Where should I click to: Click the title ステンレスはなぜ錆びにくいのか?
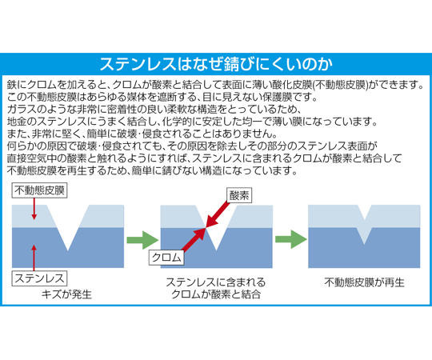coord(216,64)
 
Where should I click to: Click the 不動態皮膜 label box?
coord(39,190)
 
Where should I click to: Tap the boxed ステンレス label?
coord(39,278)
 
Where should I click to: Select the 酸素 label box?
coord(239,195)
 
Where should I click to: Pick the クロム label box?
coord(166,258)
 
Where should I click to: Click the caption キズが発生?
coord(66,294)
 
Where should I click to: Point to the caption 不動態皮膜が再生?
coord(364,282)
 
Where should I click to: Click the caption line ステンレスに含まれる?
coord(216,282)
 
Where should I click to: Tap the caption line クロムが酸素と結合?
coord(216,294)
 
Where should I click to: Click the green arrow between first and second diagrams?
coord(142,240)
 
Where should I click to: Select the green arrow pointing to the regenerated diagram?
coord(291,239)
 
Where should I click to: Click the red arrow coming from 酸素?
coord(218,215)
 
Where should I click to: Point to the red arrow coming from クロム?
coord(194,240)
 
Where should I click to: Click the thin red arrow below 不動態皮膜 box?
coord(34,209)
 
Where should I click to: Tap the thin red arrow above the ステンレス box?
coord(34,258)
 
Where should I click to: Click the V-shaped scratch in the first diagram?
coord(68,228)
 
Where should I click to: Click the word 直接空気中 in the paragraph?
coord(32,158)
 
